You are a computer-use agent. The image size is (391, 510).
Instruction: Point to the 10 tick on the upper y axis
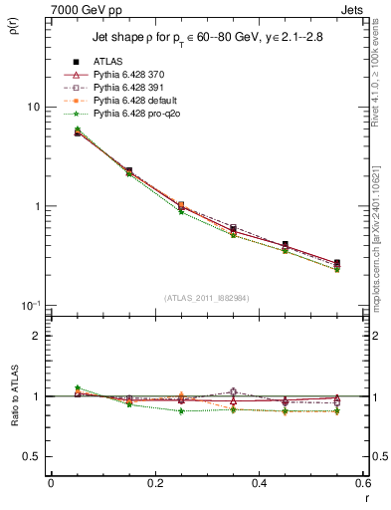tap(33, 108)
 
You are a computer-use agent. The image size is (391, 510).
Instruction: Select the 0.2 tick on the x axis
tap(155, 483)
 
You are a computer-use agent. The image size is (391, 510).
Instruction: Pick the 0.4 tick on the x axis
tap(260, 483)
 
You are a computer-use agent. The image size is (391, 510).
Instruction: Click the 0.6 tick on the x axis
tap(363, 483)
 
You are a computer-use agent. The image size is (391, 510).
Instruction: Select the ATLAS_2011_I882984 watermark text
tap(207, 298)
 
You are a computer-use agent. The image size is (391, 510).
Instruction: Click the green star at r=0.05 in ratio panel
tap(78, 388)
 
